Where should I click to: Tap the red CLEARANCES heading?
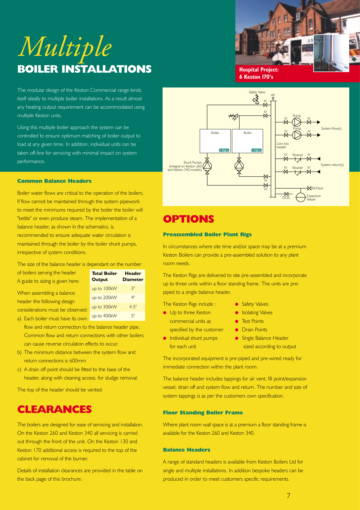tap(54, 409)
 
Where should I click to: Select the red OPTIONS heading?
tap(188, 219)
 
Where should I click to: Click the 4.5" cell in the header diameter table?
tap(133, 307)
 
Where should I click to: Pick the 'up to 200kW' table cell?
tap(104, 298)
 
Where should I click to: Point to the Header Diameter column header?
tap(133, 276)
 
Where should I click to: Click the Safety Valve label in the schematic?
tap(257, 92)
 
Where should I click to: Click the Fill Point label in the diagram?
tap(317, 188)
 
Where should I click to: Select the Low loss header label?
tap(282, 145)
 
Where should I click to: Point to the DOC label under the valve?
tap(286, 198)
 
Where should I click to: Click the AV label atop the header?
tap(273, 95)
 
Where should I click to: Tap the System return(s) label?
tap(332, 165)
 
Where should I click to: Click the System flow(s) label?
tap(331, 128)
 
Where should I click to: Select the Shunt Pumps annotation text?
tap(185, 166)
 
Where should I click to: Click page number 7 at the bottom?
tap(288, 495)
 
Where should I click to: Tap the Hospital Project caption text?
tap(259, 73)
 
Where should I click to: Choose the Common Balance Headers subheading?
tap(54, 181)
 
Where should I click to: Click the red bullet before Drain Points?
tap(237, 330)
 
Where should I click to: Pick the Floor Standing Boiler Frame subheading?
tap(203, 413)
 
